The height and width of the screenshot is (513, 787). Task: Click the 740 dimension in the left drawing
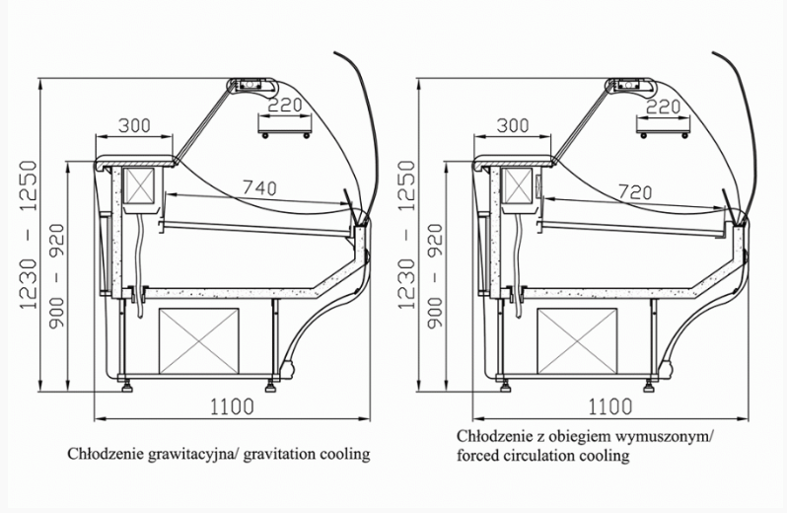coord(258,186)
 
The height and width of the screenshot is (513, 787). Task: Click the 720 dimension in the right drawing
coord(637,191)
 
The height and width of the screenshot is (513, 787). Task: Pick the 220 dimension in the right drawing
coord(663,106)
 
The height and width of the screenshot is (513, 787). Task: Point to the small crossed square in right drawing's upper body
coord(516,187)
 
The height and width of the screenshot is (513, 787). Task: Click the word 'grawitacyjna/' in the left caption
coord(185,455)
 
